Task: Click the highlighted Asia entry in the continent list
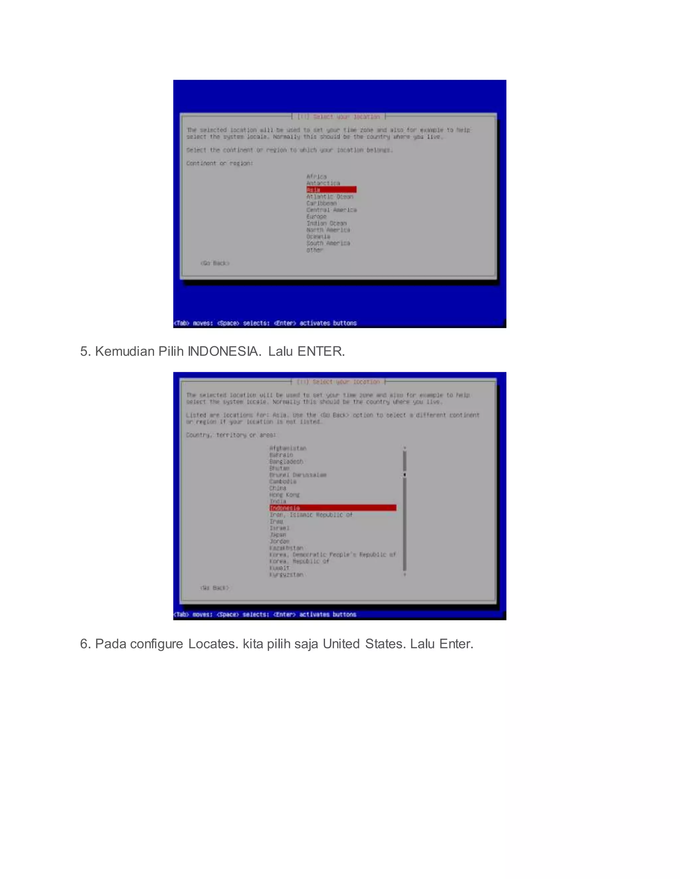tap(331, 189)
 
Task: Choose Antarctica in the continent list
tap(323, 183)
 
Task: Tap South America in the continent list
tap(328, 243)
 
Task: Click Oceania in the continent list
tap(318, 237)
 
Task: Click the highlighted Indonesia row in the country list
tap(332, 508)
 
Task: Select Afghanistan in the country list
tap(288, 448)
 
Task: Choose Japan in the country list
tap(278, 534)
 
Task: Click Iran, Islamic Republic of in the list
tap(310, 515)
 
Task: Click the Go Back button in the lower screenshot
tap(214, 588)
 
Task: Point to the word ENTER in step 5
tap(319, 351)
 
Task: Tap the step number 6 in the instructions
tap(84, 644)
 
